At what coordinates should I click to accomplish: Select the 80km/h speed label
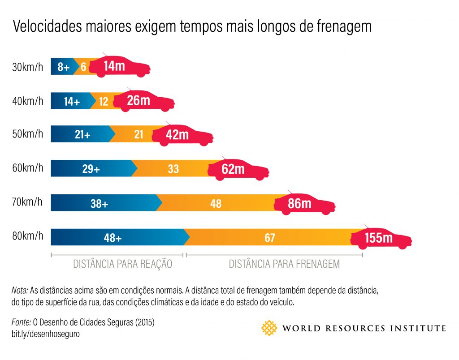(28, 236)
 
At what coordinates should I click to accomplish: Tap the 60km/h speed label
(28, 168)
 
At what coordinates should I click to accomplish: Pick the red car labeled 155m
(381, 237)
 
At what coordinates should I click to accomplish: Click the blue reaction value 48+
(113, 238)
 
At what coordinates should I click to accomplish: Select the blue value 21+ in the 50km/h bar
(82, 134)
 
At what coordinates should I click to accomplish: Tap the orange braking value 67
(269, 238)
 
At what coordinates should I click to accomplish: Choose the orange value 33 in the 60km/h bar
(173, 169)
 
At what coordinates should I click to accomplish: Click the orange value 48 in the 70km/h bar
(216, 203)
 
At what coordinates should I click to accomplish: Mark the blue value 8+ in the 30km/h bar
(63, 67)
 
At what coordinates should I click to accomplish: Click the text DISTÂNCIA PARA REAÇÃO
(122, 264)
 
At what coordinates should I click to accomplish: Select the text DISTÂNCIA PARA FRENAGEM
(284, 264)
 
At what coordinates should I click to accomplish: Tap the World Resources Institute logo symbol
(269, 328)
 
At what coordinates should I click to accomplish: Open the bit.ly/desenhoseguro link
(46, 334)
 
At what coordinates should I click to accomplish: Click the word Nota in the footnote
(19, 290)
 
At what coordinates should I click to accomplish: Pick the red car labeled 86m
(305, 204)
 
